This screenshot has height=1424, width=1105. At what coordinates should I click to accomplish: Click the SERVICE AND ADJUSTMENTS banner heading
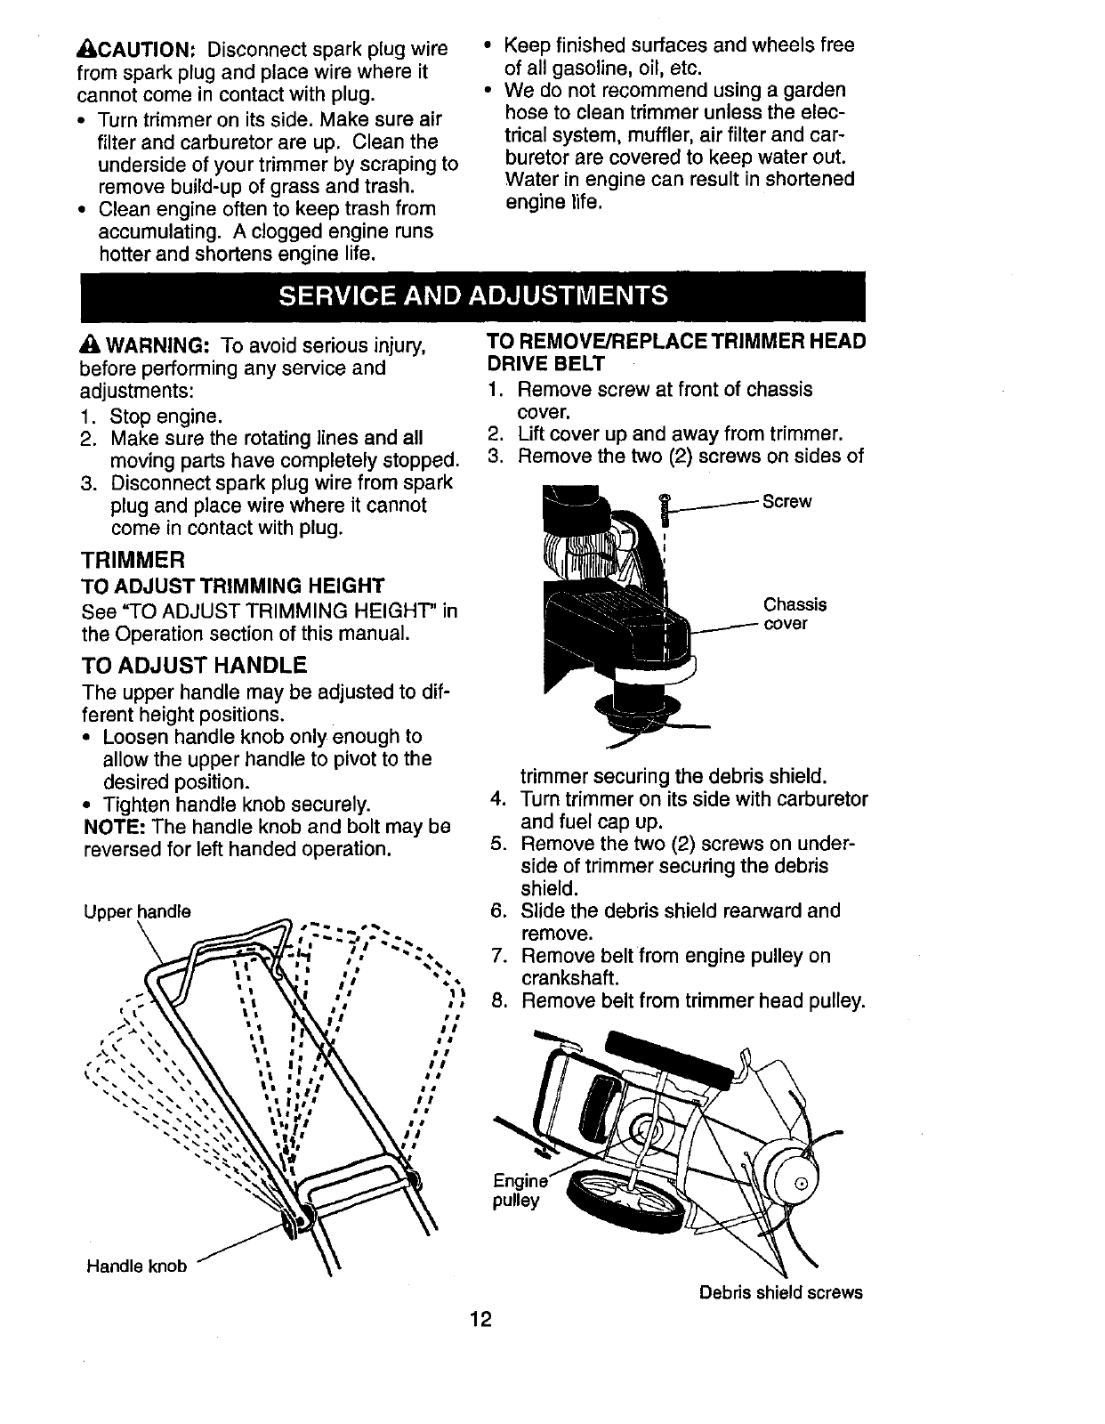point(472,295)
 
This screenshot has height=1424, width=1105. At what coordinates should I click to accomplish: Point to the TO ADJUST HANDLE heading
point(194,665)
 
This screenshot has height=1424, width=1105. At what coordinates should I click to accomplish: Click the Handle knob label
point(136,1265)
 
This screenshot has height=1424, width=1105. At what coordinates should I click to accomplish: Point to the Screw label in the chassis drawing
point(786,501)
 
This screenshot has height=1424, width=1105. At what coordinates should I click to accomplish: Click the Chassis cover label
point(794,613)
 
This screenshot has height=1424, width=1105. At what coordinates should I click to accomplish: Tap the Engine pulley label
point(518,1191)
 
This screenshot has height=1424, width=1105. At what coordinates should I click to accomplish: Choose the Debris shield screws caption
point(780,1291)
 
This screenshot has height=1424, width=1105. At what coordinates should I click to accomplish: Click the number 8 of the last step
point(498,1001)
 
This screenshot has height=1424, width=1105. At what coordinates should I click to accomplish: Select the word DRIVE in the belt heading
point(515,364)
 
